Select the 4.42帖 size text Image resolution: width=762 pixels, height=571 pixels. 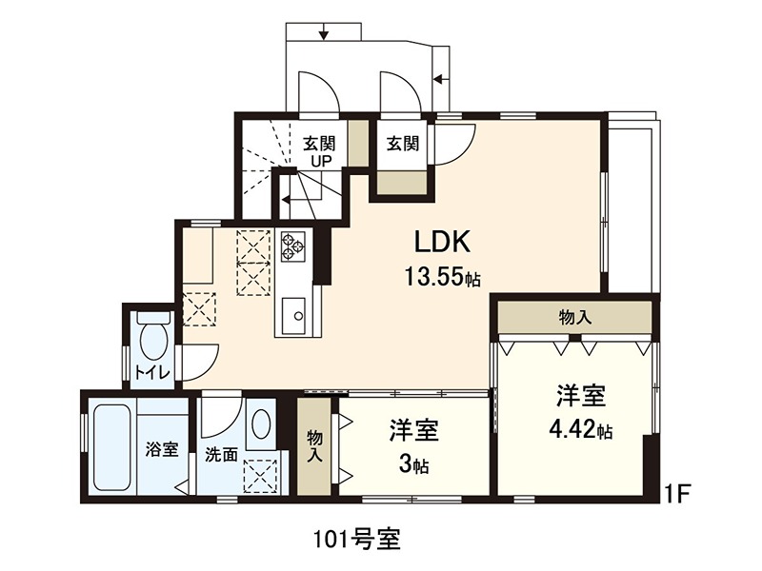(580, 429)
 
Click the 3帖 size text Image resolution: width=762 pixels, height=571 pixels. (413, 466)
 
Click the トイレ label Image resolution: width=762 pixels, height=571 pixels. (152, 372)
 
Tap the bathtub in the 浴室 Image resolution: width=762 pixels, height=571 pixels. (110, 446)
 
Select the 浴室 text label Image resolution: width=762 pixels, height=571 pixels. (161, 449)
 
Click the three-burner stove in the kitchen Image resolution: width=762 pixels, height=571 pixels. (291, 246)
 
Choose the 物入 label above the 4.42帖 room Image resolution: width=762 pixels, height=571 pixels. (575, 317)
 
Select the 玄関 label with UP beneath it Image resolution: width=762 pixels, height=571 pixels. (318, 145)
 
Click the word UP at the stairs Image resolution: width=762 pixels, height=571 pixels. (318, 161)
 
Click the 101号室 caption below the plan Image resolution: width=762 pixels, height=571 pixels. (357, 539)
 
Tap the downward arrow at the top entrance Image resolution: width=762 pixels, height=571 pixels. (325, 35)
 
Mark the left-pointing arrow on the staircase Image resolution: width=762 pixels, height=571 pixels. (286, 199)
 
